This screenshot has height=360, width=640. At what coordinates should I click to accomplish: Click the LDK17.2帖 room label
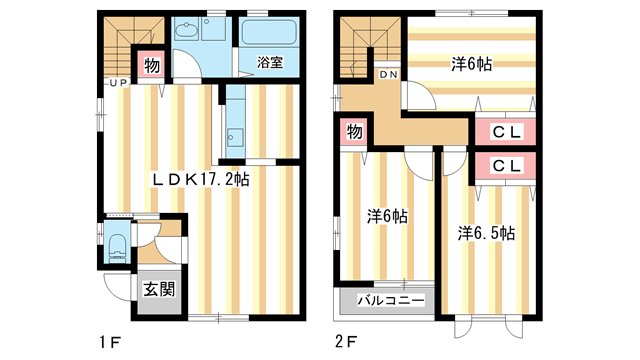coord(200,179)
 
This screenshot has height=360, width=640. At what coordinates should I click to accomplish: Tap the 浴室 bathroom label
coord(269,63)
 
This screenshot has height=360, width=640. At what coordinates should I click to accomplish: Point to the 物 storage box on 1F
coord(152,67)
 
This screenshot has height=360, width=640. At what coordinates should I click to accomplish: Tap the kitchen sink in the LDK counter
coord(233,135)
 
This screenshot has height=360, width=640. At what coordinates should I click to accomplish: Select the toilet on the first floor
coord(115,244)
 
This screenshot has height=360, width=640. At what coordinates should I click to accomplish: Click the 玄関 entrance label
coord(153,292)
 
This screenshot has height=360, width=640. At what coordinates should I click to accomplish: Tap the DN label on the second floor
coord(390,75)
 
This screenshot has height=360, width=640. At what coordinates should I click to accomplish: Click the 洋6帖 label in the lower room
coord(385,215)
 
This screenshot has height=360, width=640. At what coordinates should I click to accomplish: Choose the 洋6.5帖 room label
coord(487,233)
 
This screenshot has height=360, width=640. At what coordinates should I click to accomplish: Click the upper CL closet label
coord(504,132)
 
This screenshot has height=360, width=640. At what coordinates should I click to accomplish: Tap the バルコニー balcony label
coord(386,301)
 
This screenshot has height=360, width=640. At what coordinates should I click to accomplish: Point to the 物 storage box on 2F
coord(355,132)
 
